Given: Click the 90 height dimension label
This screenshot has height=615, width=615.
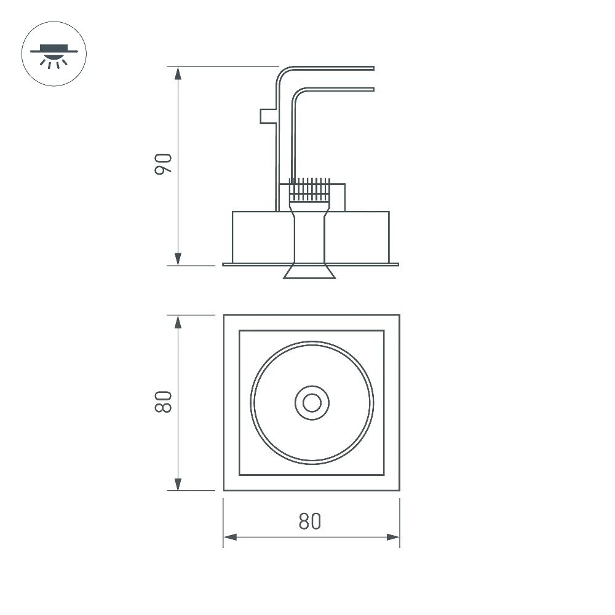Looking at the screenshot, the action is pyautogui.click(x=163, y=164).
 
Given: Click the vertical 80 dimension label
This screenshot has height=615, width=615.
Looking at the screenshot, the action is pyautogui.click(x=163, y=402).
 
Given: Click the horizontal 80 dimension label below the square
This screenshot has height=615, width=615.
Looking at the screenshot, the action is pyautogui.click(x=310, y=522).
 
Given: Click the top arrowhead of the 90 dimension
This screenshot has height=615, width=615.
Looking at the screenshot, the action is pyautogui.click(x=178, y=73).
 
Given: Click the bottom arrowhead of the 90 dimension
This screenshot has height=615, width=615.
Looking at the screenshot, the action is pyautogui.click(x=178, y=259).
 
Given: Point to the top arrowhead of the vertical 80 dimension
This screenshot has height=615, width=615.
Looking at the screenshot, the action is pyautogui.click(x=178, y=322).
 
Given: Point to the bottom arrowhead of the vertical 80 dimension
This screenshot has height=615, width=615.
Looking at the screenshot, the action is pyautogui.click(x=178, y=484).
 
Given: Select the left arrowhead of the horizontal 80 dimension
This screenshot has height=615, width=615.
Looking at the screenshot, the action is pyautogui.click(x=230, y=537).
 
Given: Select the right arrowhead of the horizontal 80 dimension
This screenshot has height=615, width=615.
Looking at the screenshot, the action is pyautogui.click(x=393, y=537).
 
